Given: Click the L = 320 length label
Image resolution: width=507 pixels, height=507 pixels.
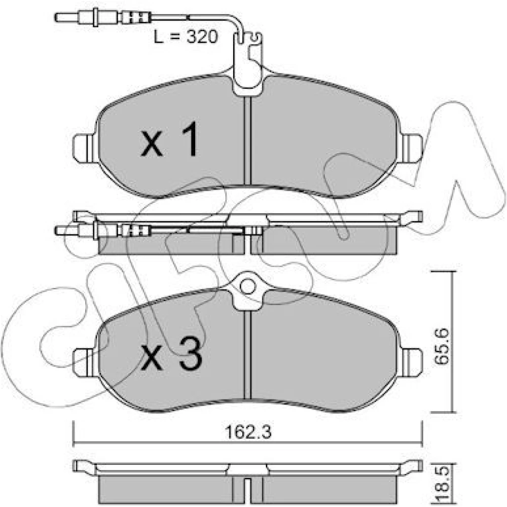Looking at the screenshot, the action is [186, 37].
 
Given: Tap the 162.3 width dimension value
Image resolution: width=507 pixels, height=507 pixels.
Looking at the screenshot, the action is [248, 432].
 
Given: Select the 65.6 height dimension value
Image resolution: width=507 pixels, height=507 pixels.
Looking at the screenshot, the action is [441, 346].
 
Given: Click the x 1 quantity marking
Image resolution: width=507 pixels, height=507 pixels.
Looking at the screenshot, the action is [169, 139].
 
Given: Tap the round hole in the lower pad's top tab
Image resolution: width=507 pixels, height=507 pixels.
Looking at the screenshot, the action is [248, 287].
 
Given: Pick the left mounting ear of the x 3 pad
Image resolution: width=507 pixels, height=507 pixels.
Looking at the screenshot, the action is [85, 362].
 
